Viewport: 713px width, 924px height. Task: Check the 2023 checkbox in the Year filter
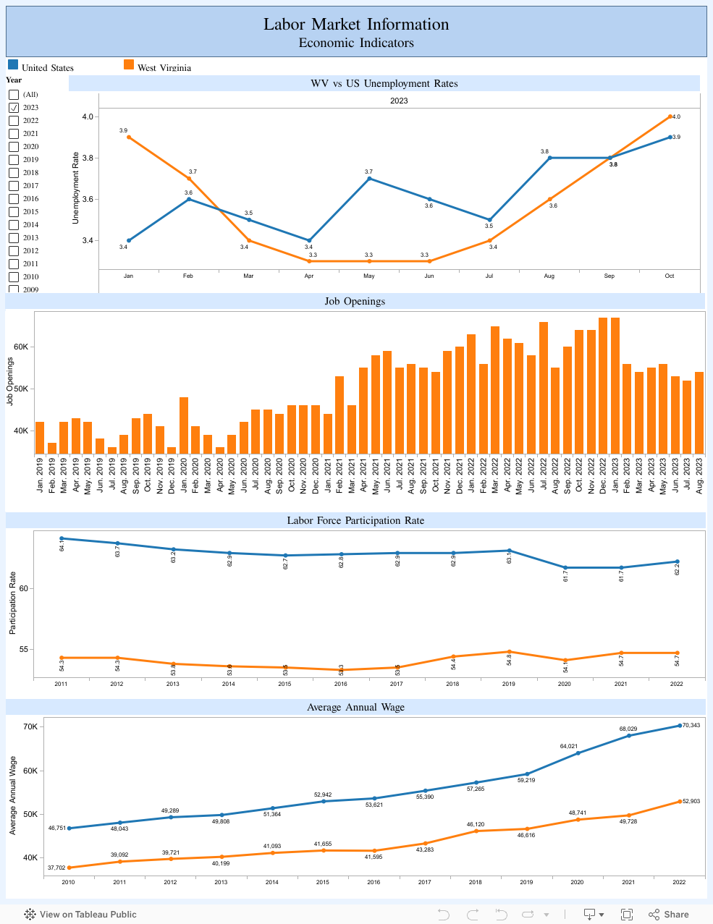tap(14, 108)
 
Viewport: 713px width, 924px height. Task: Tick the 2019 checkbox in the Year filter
tap(14, 160)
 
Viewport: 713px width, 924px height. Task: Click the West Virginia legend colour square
tap(129, 64)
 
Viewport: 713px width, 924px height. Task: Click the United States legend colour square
tap(13, 64)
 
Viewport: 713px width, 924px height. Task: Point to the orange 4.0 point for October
tap(670, 116)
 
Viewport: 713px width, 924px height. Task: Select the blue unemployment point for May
tap(369, 178)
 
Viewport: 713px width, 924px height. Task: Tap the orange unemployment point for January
tap(128, 137)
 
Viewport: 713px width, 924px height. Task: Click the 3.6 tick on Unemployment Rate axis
tap(88, 200)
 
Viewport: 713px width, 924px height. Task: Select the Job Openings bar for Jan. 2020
tap(184, 425)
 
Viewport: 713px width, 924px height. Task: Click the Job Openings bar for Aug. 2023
tap(699, 412)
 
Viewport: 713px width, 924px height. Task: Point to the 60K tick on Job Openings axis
tap(21, 347)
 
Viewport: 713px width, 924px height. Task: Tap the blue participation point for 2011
tap(62, 538)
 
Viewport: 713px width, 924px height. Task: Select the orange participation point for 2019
tap(509, 652)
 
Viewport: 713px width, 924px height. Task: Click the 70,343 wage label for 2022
tap(691, 725)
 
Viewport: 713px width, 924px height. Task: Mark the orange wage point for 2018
tap(476, 831)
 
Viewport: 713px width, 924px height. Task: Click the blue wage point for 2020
tap(578, 753)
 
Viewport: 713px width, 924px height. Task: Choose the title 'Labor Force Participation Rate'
tap(355, 520)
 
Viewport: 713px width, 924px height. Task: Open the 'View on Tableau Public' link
tap(81, 915)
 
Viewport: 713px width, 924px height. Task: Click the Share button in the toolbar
tap(669, 915)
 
